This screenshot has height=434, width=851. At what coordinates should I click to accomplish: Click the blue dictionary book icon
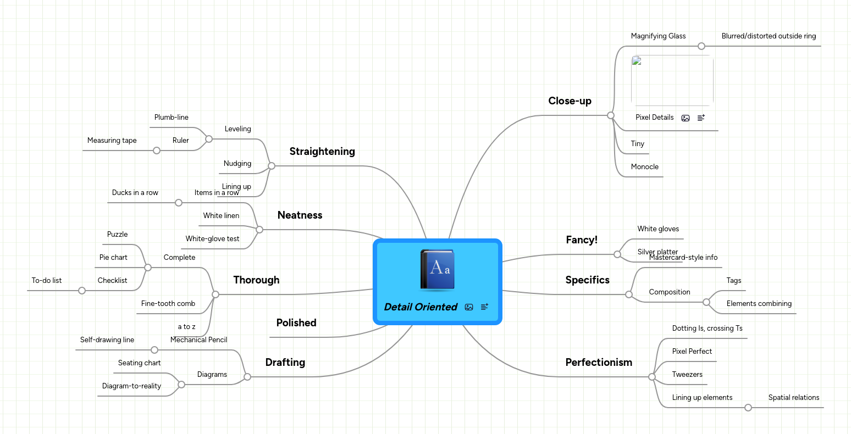[438, 270]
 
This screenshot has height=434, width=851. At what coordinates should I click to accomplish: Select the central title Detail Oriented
[421, 307]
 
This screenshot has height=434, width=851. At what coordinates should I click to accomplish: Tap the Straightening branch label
[322, 152]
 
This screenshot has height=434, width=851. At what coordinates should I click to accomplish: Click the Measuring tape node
[112, 141]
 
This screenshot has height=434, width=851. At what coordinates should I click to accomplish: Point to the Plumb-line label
[171, 118]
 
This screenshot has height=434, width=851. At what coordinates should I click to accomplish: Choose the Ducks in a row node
[135, 193]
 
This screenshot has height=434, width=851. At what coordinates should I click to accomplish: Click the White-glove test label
[212, 239]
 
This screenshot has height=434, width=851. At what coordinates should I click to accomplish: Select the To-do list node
[47, 281]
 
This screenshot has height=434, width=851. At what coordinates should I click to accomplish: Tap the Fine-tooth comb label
[168, 304]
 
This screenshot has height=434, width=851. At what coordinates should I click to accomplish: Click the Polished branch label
[296, 323]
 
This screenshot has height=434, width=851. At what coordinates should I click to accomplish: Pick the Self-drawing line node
[107, 340]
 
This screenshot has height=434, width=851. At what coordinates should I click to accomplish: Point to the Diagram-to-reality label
[131, 386]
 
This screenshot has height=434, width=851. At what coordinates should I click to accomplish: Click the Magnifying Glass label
[658, 36]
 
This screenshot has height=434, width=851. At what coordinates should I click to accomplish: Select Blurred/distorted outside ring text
[769, 36]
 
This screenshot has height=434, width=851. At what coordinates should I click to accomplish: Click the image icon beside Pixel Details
[685, 118]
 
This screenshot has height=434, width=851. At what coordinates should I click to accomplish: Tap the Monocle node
[644, 167]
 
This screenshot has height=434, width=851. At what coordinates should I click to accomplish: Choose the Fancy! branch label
[582, 240]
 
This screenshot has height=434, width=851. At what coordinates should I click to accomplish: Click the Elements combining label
[759, 304]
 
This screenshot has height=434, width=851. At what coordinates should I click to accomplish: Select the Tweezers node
[687, 375]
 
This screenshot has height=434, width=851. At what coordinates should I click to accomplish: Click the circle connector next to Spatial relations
[748, 408]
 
